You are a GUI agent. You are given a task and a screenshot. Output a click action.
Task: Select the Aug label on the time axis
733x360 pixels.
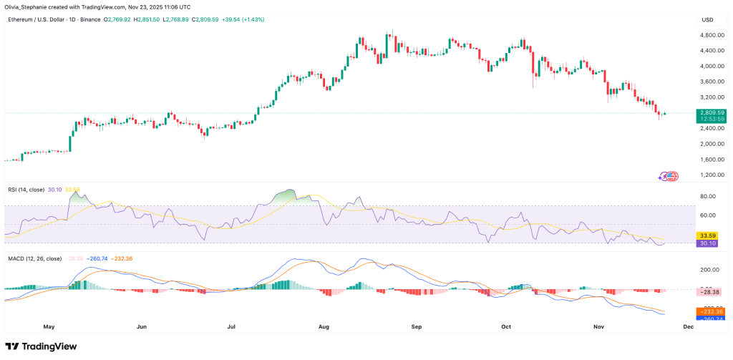pos(324,326)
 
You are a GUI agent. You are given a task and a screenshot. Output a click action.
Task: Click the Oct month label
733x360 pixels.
pos(507,326)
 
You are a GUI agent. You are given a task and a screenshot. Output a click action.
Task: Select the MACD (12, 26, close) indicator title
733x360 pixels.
pos(35,258)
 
